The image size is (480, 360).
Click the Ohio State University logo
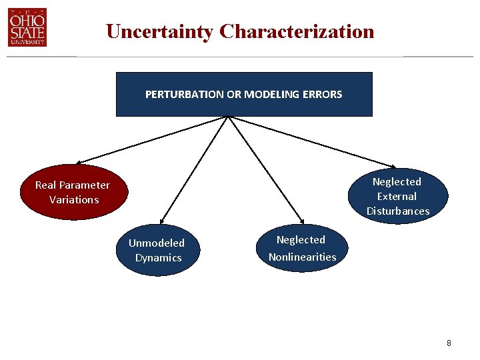pos(27,27)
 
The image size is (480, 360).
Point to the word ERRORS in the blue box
pos(322,94)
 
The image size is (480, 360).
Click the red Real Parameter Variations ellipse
pos(73,192)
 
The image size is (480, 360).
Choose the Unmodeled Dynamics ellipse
pos(157,251)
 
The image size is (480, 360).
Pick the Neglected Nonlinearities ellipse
pos(302,249)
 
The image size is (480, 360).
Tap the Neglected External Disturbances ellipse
pos(397,196)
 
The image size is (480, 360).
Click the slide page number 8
pos(449,343)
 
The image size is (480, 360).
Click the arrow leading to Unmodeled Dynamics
pos(194,169)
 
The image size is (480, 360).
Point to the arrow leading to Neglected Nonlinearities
pos(265,169)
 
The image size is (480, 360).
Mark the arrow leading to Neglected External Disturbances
pos(313,141)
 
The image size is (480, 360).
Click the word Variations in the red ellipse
pos(74,199)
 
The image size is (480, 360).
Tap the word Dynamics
pos(159,258)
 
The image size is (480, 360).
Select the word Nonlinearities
pos(302,257)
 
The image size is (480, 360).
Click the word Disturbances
pos(398,211)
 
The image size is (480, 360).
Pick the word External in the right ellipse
pos(397,196)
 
